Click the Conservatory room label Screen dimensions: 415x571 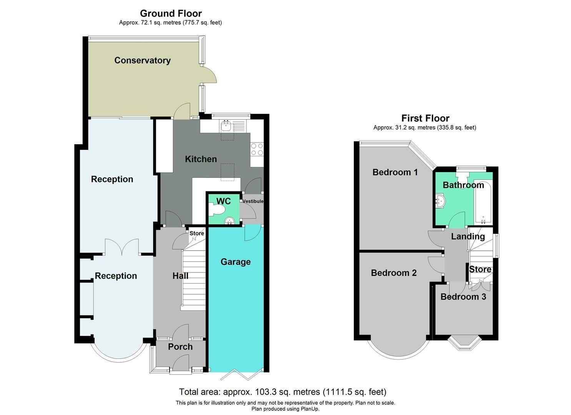pyautogui.click(x=142, y=60)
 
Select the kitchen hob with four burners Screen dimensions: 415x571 pyautogui.click(x=257, y=149)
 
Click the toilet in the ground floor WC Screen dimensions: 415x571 pyautogui.click(x=217, y=209)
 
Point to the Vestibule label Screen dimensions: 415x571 pyautogui.click(x=253, y=201)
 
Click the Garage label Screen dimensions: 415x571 pyautogui.click(x=235, y=262)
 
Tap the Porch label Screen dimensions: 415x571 pyautogui.click(x=180, y=347)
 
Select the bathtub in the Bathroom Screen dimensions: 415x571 pyautogui.click(x=483, y=202)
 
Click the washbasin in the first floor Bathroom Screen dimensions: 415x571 pyautogui.click(x=440, y=201)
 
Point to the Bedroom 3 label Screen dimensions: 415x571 pyautogui.click(x=463, y=297)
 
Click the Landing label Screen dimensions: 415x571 pyautogui.click(x=468, y=236)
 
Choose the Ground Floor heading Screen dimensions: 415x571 pyautogui.click(x=171, y=14)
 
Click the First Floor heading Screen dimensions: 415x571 pyautogui.click(x=425, y=118)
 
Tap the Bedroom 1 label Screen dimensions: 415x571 pyautogui.click(x=395, y=172)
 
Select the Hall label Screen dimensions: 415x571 pyautogui.click(x=180, y=276)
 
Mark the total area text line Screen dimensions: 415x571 pyautogui.click(x=283, y=392)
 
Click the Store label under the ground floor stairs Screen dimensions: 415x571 pyautogui.click(x=196, y=233)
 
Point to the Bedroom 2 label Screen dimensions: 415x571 pyautogui.click(x=393, y=273)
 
